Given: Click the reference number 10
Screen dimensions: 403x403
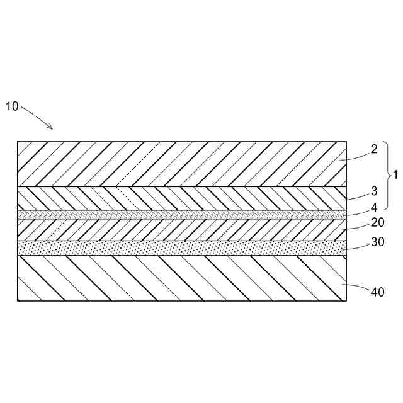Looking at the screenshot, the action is coord(12,106).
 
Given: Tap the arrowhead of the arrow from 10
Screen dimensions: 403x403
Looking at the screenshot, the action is coord(50,128).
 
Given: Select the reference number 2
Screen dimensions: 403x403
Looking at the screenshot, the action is coord(374,149).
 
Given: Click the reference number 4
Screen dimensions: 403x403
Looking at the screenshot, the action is coord(374,206).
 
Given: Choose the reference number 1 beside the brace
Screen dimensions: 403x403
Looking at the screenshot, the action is coord(395,174).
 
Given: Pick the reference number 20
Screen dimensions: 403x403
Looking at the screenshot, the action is coord(377,222).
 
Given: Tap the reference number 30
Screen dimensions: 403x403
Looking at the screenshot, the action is coord(377,242).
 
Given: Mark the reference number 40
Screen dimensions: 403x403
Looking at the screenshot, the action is coord(377,292).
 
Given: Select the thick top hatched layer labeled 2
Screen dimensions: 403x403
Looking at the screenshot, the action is coord(176,164).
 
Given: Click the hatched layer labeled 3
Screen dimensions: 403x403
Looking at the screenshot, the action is coord(176,198).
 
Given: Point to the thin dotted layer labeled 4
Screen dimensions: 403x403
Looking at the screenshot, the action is coord(176,214).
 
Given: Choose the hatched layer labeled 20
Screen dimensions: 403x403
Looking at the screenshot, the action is coord(176,229).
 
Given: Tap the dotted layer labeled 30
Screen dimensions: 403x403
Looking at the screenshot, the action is coord(176,247).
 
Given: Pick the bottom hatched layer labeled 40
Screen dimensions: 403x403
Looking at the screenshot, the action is coord(176,278).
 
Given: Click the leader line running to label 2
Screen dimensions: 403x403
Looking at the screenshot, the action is coord(354,157).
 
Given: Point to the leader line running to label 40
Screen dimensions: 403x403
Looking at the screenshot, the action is coord(356,288).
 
